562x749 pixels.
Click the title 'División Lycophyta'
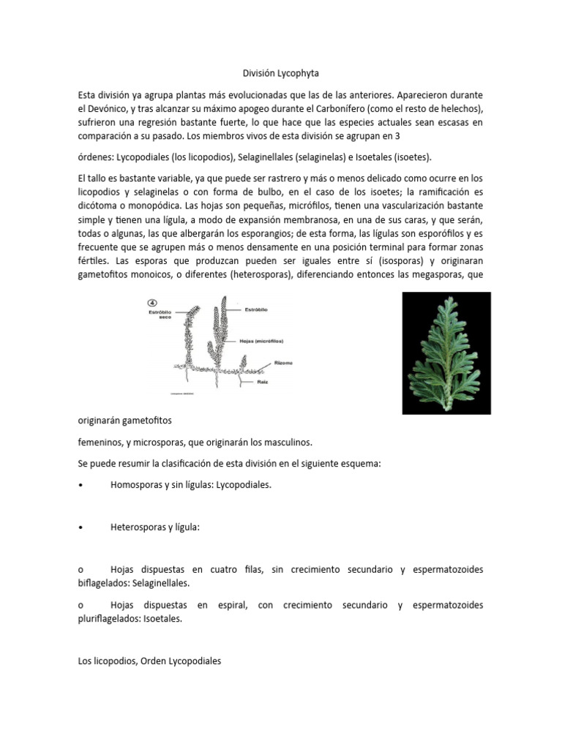pyautogui.click(x=281, y=73)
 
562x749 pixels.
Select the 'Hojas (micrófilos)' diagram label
pyautogui.click(x=261, y=341)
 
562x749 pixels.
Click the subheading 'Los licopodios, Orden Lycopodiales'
pyautogui.click(x=149, y=660)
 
